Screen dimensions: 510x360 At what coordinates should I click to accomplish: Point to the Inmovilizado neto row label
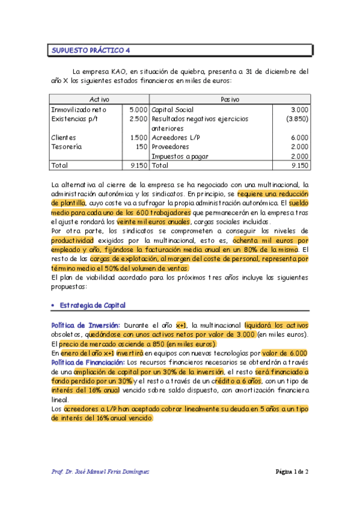point(79,110)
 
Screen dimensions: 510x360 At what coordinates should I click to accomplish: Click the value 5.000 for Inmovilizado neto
point(138,110)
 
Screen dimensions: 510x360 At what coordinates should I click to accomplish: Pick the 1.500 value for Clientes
point(138,137)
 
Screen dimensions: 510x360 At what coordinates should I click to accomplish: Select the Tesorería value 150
point(142,146)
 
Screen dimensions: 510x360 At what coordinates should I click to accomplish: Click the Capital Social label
point(176,110)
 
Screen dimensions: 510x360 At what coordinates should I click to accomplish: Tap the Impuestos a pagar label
point(180,156)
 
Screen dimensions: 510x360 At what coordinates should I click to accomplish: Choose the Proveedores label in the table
point(174,146)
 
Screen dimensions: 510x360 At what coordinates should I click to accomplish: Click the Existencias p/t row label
point(75,119)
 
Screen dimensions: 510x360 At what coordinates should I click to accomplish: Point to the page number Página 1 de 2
point(291,472)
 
